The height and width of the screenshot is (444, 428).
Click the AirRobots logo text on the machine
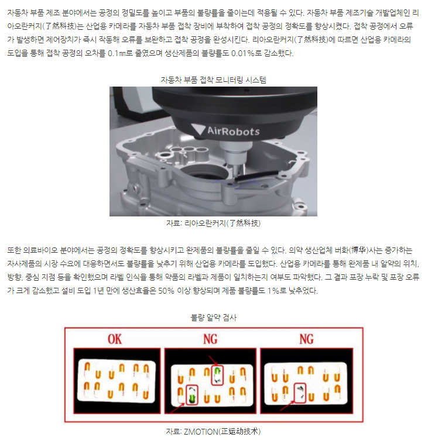pos(233,131)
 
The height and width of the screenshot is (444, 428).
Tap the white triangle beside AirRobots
pos(198,129)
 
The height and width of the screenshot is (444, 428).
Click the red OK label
pos(115,339)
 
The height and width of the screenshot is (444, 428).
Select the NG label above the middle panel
pos(210,339)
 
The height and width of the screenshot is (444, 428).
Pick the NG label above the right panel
pos(306,339)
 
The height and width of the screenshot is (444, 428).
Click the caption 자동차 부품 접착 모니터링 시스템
pos(214,80)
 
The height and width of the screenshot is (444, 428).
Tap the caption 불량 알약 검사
pos(214,318)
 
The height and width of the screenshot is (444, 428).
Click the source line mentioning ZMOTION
pos(213,431)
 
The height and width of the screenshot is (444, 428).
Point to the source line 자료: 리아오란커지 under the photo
pos(213,223)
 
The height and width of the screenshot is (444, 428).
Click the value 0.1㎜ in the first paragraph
pos(117,53)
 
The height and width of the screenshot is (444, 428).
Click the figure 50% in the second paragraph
pos(166,291)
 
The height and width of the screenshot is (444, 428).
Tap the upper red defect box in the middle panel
pos(217,375)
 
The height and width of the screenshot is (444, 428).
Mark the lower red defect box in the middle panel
pos(191,395)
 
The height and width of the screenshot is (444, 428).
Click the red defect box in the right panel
pos(300,393)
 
